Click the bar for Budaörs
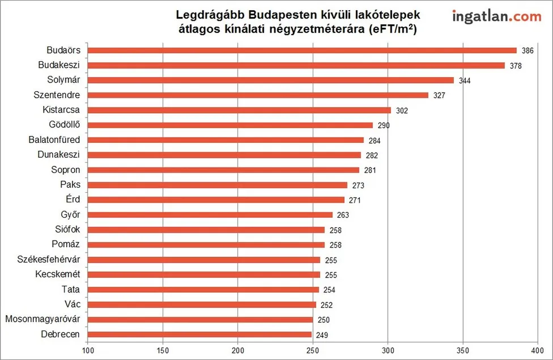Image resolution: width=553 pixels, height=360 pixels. click(x=302, y=50)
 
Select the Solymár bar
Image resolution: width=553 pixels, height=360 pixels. click(x=271, y=80)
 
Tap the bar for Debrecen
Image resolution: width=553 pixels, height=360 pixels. click(x=199, y=334)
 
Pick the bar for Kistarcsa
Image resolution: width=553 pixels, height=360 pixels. click(x=239, y=110)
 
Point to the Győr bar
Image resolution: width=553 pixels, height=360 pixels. click(x=210, y=215)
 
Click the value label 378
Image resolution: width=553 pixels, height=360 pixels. click(x=515, y=66)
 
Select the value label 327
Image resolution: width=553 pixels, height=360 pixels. click(x=439, y=95)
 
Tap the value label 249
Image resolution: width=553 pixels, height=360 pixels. click(x=321, y=334)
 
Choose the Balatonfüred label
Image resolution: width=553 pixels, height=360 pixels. click(x=54, y=139)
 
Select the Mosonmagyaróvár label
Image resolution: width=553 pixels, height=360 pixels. click(x=42, y=319)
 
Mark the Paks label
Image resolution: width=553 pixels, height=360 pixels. click(x=70, y=184)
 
